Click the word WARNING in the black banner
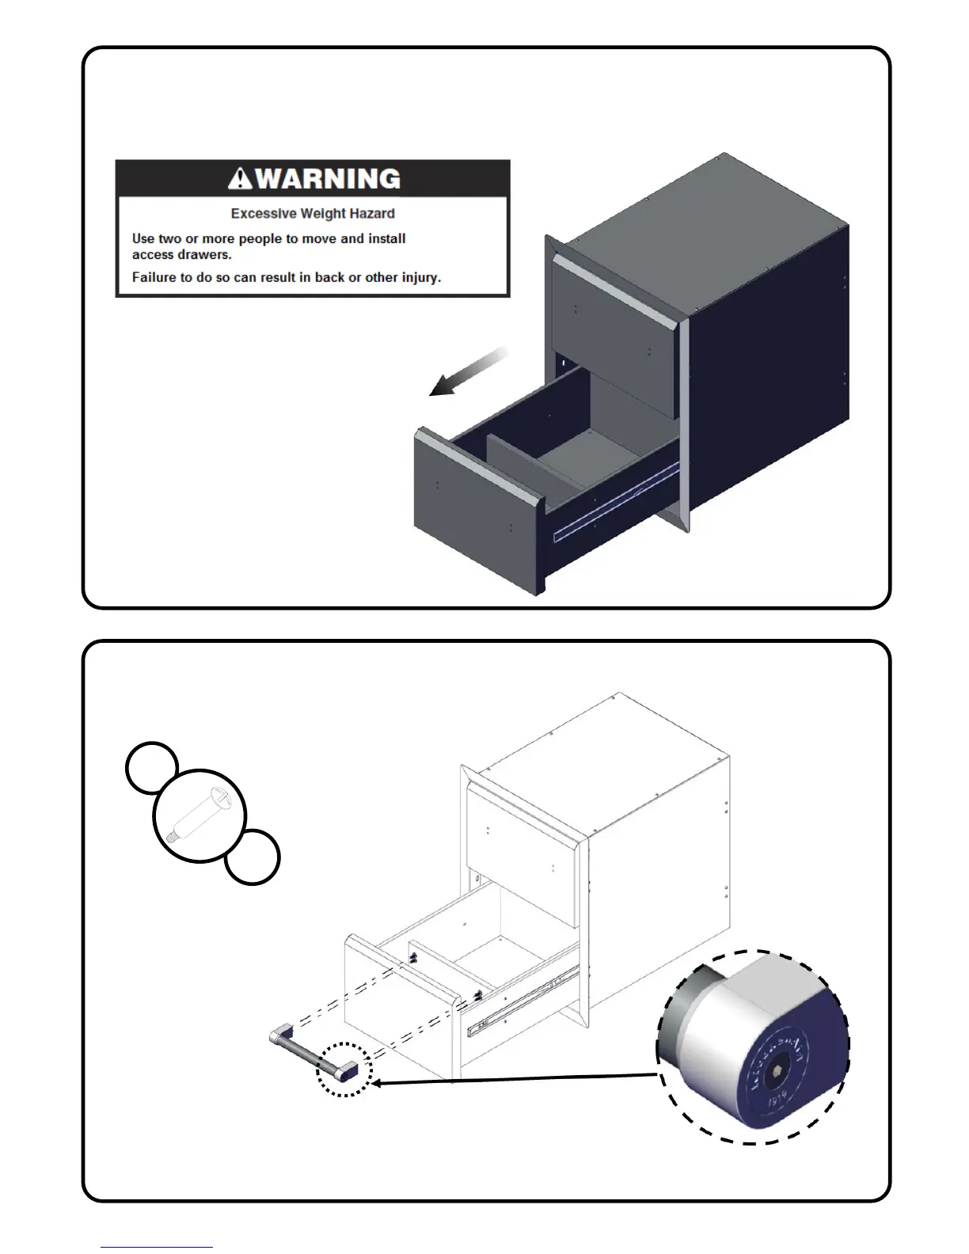tap(328, 179)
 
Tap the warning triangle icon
tap(240, 180)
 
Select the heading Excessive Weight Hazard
tap(313, 214)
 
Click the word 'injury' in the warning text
tap(420, 277)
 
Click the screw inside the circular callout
tap(199, 815)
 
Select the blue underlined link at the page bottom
tap(157, 1247)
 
